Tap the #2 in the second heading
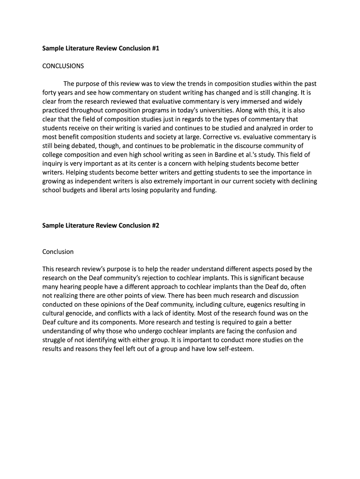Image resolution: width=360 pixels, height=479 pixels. pos(155,225)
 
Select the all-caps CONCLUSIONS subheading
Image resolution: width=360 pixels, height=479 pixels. pos(63,66)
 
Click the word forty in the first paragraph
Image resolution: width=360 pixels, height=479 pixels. pos(50,93)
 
